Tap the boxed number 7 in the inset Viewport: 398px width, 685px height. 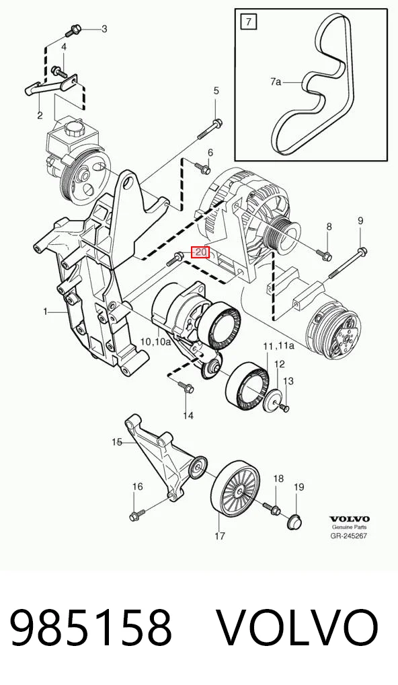click(x=249, y=21)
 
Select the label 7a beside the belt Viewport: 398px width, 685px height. click(x=276, y=81)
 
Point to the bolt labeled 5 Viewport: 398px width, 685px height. click(x=210, y=130)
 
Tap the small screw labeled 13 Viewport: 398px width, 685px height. click(x=284, y=408)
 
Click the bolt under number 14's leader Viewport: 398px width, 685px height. click(x=186, y=386)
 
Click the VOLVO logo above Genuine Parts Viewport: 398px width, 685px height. click(x=349, y=519)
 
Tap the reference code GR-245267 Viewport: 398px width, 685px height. click(x=349, y=536)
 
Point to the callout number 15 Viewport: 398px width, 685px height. click(x=116, y=442)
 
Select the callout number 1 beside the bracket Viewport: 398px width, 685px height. click(x=45, y=312)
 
